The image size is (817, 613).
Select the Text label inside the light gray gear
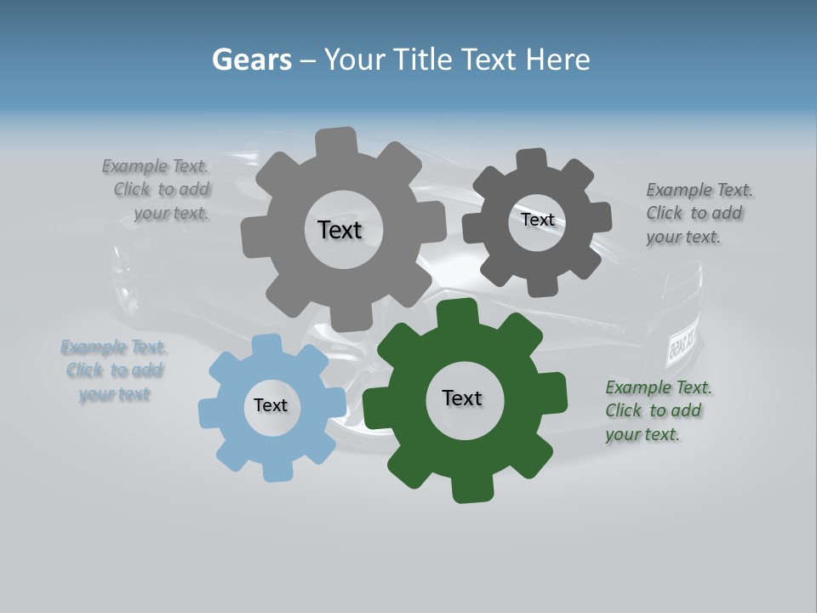[x=340, y=230]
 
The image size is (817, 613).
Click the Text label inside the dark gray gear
[x=537, y=220]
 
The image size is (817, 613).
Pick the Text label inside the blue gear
[x=271, y=406]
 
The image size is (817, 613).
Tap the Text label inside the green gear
[x=462, y=398]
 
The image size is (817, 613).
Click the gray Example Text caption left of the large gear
[x=162, y=190]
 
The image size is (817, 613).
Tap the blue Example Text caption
[x=114, y=370]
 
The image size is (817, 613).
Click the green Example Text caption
[x=656, y=410]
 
